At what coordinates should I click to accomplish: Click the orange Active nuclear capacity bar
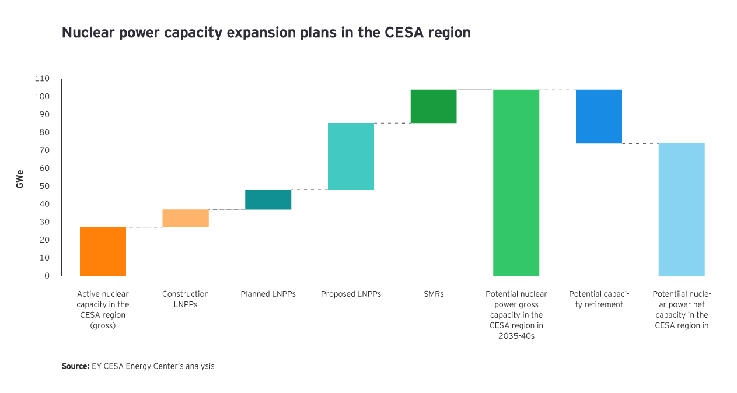103,251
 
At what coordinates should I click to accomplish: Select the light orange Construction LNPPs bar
186,218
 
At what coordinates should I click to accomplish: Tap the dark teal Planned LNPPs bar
268,199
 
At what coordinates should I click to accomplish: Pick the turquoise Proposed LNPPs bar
351,156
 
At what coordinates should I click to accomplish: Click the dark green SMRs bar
434,106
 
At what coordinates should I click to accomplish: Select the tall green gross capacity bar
516,182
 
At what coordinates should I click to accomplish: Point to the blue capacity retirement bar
599,116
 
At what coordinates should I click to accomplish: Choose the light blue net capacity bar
682,209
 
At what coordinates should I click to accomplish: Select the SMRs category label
434,294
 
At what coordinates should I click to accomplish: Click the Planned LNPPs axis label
268,294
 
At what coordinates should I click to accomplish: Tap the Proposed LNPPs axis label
351,294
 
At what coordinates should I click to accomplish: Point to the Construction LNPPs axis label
186,299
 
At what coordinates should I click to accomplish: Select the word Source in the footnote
75,367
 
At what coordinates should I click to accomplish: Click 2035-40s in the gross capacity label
516,336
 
